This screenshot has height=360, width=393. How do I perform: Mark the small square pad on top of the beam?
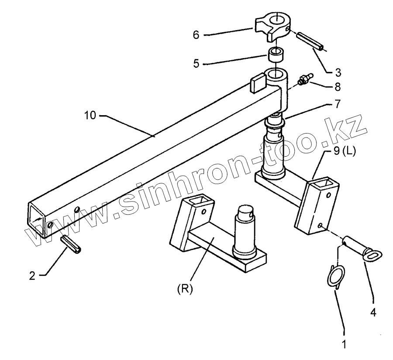[258, 83]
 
